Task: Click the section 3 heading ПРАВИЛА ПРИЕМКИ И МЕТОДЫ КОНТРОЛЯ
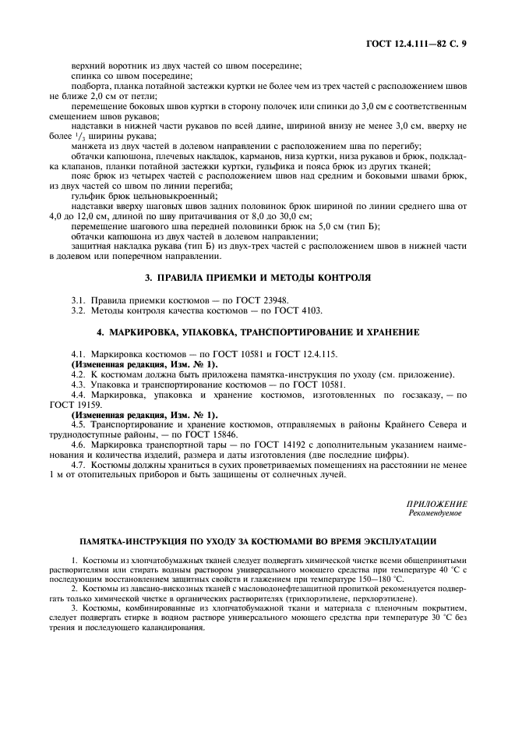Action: tap(258, 278)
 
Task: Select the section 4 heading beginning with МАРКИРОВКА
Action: tap(258, 332)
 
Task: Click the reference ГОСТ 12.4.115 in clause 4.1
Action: tap(305, 354)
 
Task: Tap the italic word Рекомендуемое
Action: tap(435, 514)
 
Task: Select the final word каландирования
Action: tap(168, 625)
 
